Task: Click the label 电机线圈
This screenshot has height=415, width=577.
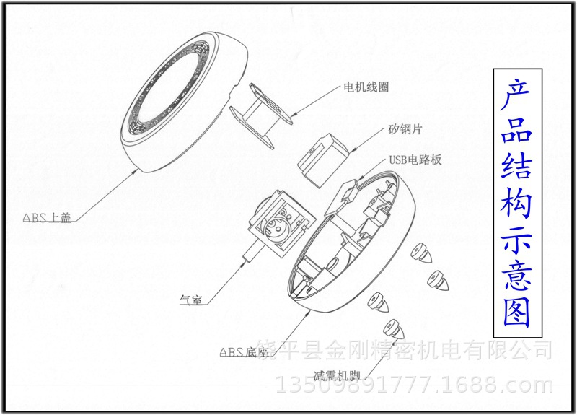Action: [x=366, y=87]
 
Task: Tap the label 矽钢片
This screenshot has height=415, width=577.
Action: [x=405, y=129]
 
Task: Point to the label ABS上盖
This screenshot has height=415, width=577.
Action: [x=47, y=217]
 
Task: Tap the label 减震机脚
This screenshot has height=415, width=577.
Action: [x=336, y=375]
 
